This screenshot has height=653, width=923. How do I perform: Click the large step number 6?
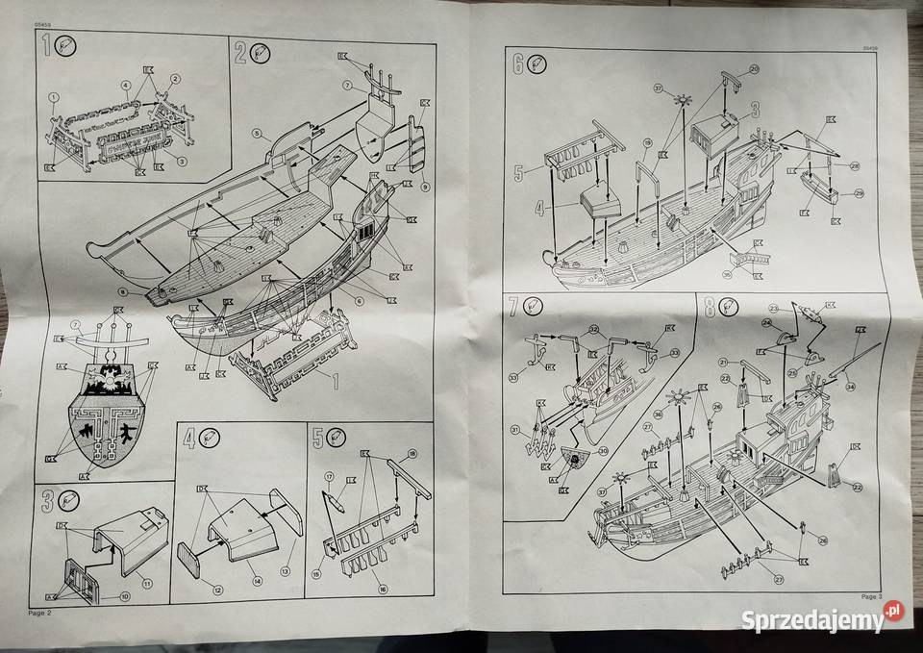click(x=518, y=64)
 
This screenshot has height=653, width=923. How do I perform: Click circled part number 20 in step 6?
click(x=754, y=69)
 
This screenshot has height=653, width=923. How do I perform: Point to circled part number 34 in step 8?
click(x=850, y=389)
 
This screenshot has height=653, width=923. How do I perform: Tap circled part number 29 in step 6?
click(x=859, y=194)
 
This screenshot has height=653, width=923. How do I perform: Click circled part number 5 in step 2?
click(x=258, y=132)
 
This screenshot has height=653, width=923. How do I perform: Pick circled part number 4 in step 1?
click(x=126, y=86)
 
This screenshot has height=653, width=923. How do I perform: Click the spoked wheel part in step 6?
click(x=685, y=99)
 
